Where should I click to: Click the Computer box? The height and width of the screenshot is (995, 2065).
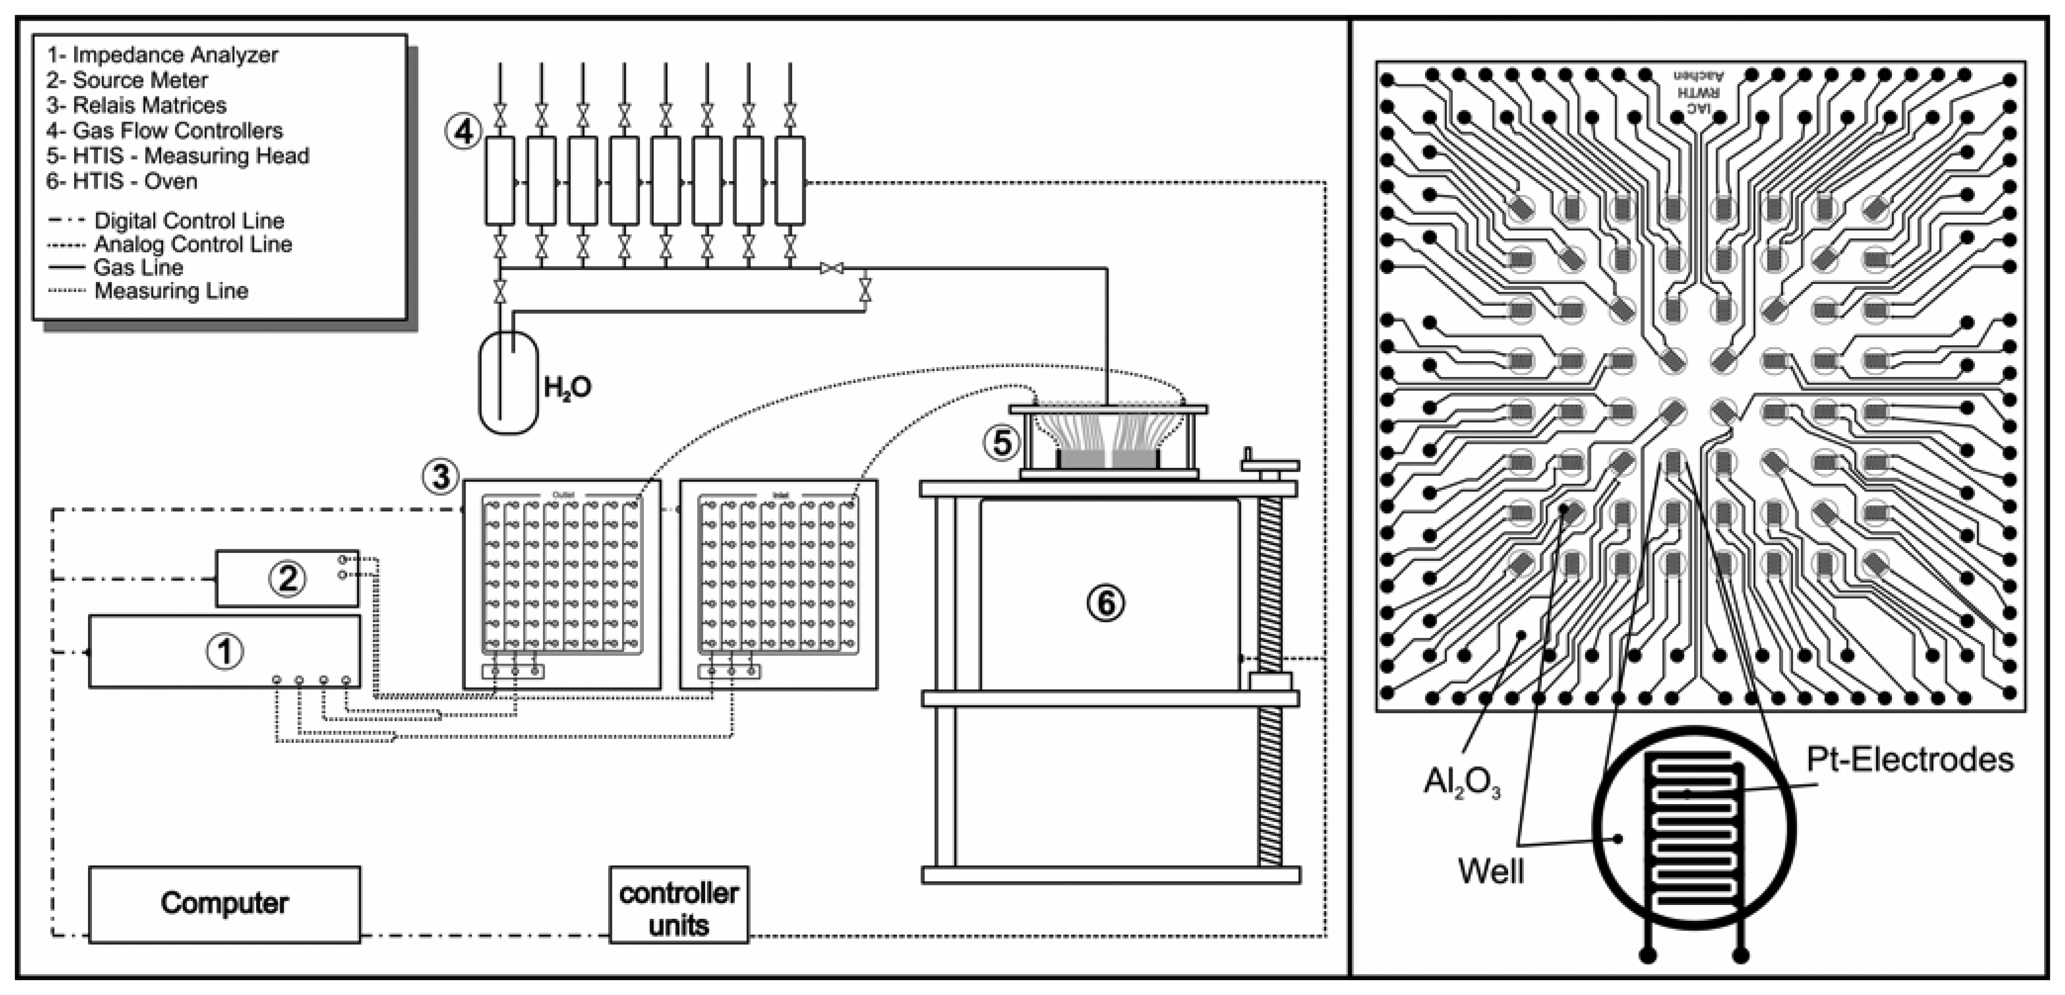click(x=224, y=904)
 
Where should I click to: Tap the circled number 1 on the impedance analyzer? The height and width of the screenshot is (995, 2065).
click(x=225, y=651)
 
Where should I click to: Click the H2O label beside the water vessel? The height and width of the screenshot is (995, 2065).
click(x=568, y=388)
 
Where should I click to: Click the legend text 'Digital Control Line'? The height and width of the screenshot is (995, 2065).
click(x=189, y=221)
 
